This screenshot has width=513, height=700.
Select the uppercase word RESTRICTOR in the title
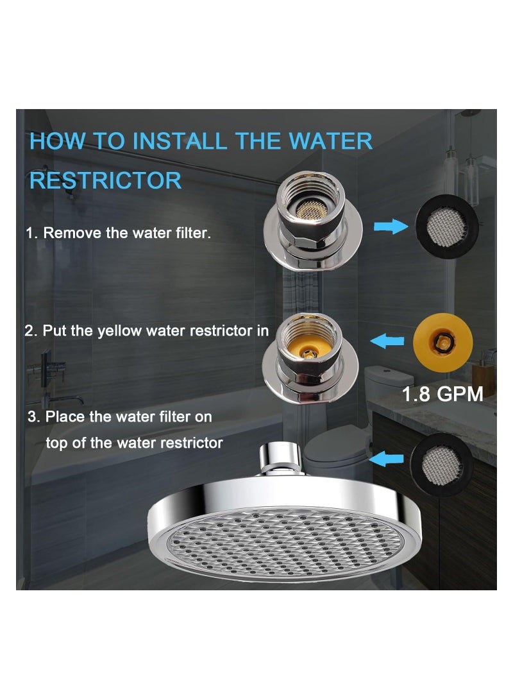tap(106, 180)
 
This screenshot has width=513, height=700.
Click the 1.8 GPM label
tap(442, 393)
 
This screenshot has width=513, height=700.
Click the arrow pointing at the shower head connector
tap(387, 458)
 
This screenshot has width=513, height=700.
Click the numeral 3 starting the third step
tap(32, 417)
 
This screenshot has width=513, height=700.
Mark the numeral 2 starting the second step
tap(29, 331)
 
